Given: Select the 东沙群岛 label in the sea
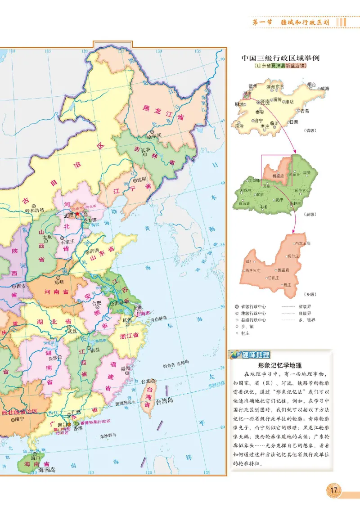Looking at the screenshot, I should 108,435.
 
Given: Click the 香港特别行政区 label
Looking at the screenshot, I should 94,422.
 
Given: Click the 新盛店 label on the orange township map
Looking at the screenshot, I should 283,270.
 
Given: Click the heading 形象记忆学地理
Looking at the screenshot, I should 280,365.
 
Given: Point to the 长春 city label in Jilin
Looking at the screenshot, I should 145,150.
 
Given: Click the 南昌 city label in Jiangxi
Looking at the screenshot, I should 94,350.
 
